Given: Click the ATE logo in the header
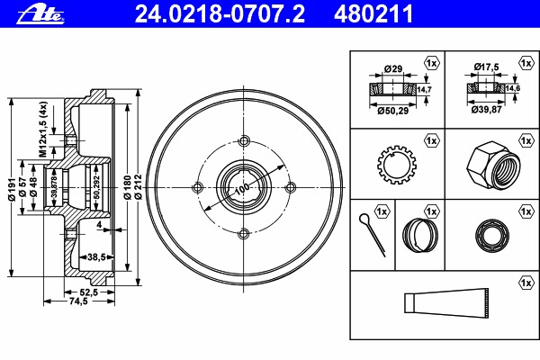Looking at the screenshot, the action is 40,14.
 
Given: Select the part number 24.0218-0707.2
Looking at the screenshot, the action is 220,14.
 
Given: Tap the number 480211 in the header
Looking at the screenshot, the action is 373,14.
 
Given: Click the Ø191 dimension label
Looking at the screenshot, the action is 12,190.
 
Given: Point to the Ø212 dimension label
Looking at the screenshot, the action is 138,186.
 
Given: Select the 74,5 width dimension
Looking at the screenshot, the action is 78,301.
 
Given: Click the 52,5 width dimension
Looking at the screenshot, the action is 89,292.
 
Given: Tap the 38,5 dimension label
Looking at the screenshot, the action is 96,257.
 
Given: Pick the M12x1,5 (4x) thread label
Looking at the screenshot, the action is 42,130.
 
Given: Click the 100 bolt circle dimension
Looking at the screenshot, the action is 243,188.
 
